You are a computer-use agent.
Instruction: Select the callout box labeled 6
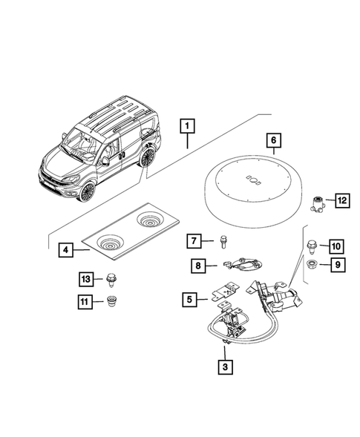(272, 139)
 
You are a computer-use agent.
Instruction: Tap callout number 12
(341, 199)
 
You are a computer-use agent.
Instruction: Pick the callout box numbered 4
(65, 250)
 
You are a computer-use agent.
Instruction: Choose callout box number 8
(199, 264)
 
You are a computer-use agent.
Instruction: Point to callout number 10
(335, 246)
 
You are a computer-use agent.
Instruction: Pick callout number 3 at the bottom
(224, 366)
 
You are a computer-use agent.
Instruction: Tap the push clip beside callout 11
(113, 302)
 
